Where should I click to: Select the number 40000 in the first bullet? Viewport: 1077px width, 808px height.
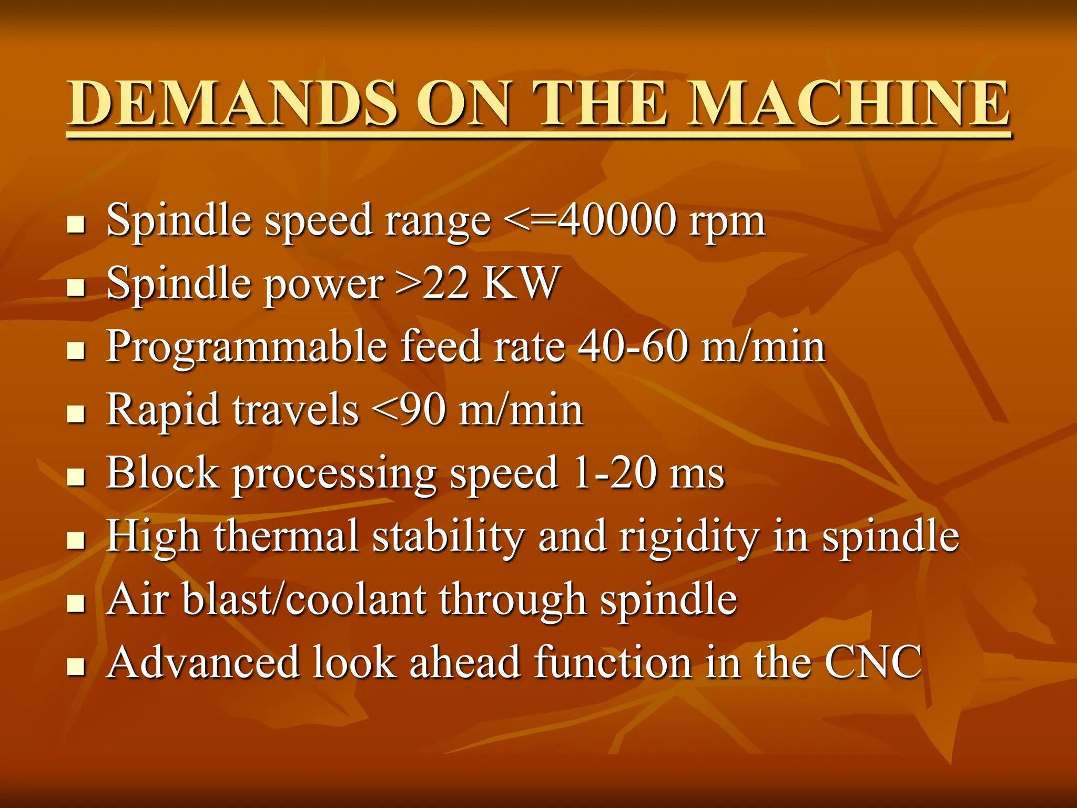click(x=616, y=220)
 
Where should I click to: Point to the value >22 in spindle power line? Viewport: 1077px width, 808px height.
click(x=432, y=283)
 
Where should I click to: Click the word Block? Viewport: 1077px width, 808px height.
click(x=162, y=472)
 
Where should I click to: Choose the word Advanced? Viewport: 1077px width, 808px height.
click(x=202, y=662)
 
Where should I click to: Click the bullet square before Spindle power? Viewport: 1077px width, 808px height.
click(x=76, y=287)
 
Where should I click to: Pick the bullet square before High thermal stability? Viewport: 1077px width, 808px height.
click(x=76, y=540)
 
